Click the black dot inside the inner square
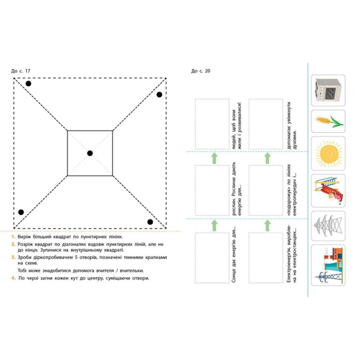[x=90, y=153]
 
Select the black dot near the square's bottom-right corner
[x=150, y=222]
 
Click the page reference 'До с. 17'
[x=21, y=71]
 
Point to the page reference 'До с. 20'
[x=201, y=71]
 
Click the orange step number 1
[x=13, y=235]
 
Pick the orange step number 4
[x=13, y=278]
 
